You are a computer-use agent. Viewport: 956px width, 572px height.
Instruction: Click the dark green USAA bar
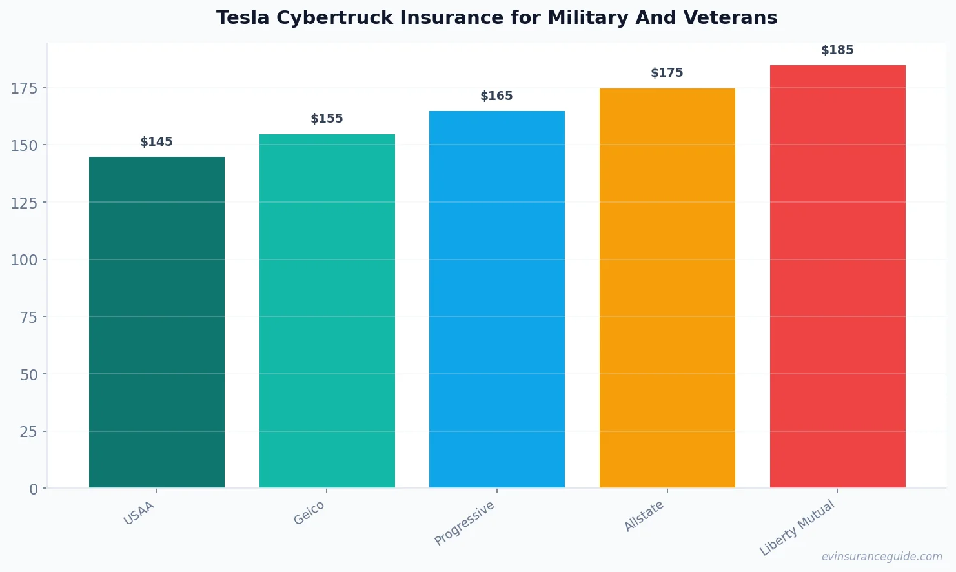coord(157,323)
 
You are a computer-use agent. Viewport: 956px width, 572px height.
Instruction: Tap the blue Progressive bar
coord(496,300)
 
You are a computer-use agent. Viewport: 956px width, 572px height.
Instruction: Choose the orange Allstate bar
coord(667,288)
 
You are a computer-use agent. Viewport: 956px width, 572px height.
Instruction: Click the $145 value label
coord(156,142)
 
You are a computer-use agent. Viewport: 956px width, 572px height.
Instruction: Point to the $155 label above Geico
coord(327,119)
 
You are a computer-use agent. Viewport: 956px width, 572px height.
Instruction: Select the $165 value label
coord(496,96)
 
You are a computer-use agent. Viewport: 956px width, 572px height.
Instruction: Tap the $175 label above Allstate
coord(667,73)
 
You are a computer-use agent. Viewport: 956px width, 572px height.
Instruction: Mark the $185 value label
coord(837,50)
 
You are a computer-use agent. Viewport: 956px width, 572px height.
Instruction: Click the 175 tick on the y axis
coord(25,88)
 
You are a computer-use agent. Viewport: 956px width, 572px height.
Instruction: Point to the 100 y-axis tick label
coord(25,260)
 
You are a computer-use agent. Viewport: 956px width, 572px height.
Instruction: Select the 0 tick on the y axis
coord(34,489)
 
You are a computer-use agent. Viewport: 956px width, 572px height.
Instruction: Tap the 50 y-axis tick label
coord(28,375)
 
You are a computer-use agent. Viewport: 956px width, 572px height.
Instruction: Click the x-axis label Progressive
coord(465,523)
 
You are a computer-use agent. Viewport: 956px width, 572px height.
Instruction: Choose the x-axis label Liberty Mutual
coord(798,528)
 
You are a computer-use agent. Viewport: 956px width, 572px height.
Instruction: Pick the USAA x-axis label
coord(139,513)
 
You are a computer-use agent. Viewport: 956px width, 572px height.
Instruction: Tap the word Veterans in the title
coord(735,18)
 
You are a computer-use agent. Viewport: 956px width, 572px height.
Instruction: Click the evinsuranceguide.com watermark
coord(882,557)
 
